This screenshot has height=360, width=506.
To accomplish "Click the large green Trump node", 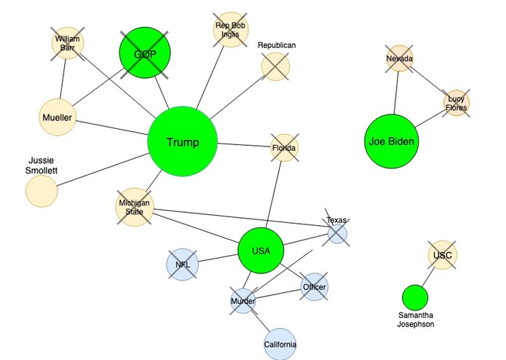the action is pyautogui.click(x=183, y=141).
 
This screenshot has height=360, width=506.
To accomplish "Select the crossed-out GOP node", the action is pyautogui.click(x=145, y=52).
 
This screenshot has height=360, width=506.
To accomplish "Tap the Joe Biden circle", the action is pyautogui.click(x=392, y=141).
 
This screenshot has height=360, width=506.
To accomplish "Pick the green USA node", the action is pyautogui.click(x=261, y=251).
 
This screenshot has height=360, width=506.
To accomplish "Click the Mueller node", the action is pyautogui.click(x=58, y=117).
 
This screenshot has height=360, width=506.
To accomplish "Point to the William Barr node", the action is pyautogui.click(x=68, y=43).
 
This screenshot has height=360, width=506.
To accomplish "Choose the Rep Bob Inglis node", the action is pyautogui.click(x=231, y=30).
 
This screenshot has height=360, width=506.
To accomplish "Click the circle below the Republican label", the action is pyautogui.click(x=275, y=67).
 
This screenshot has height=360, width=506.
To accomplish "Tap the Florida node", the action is pyautogui.click(x=284, y=148).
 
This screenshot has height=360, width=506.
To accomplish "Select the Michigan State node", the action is pyautogui.click(x=135, y=207).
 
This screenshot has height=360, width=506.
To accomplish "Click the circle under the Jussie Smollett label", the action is pyautogui.click(x=41, y=191).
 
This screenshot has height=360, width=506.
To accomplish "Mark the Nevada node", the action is pyautogui.click(x=400, y=58).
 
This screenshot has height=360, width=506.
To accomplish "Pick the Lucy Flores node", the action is pyautogui.click(x=456, y=103).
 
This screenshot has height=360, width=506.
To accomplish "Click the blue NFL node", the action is pyautogui.click(x=182, y=265).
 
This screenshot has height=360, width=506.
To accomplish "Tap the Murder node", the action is pyautogui.click(x=243, y=301).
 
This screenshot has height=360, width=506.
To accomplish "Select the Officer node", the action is pyautogui.click(x=315, y=286).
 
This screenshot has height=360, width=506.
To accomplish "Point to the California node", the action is pyautogui.click(x=280, y=344).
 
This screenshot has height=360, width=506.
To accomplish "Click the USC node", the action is pyautogui.click(x=443, y=255).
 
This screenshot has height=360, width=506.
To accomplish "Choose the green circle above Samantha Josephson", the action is pyautogui.click(x=415, y=297).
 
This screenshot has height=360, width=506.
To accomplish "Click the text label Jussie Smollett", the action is pyautogui.click(x=41, y=165).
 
